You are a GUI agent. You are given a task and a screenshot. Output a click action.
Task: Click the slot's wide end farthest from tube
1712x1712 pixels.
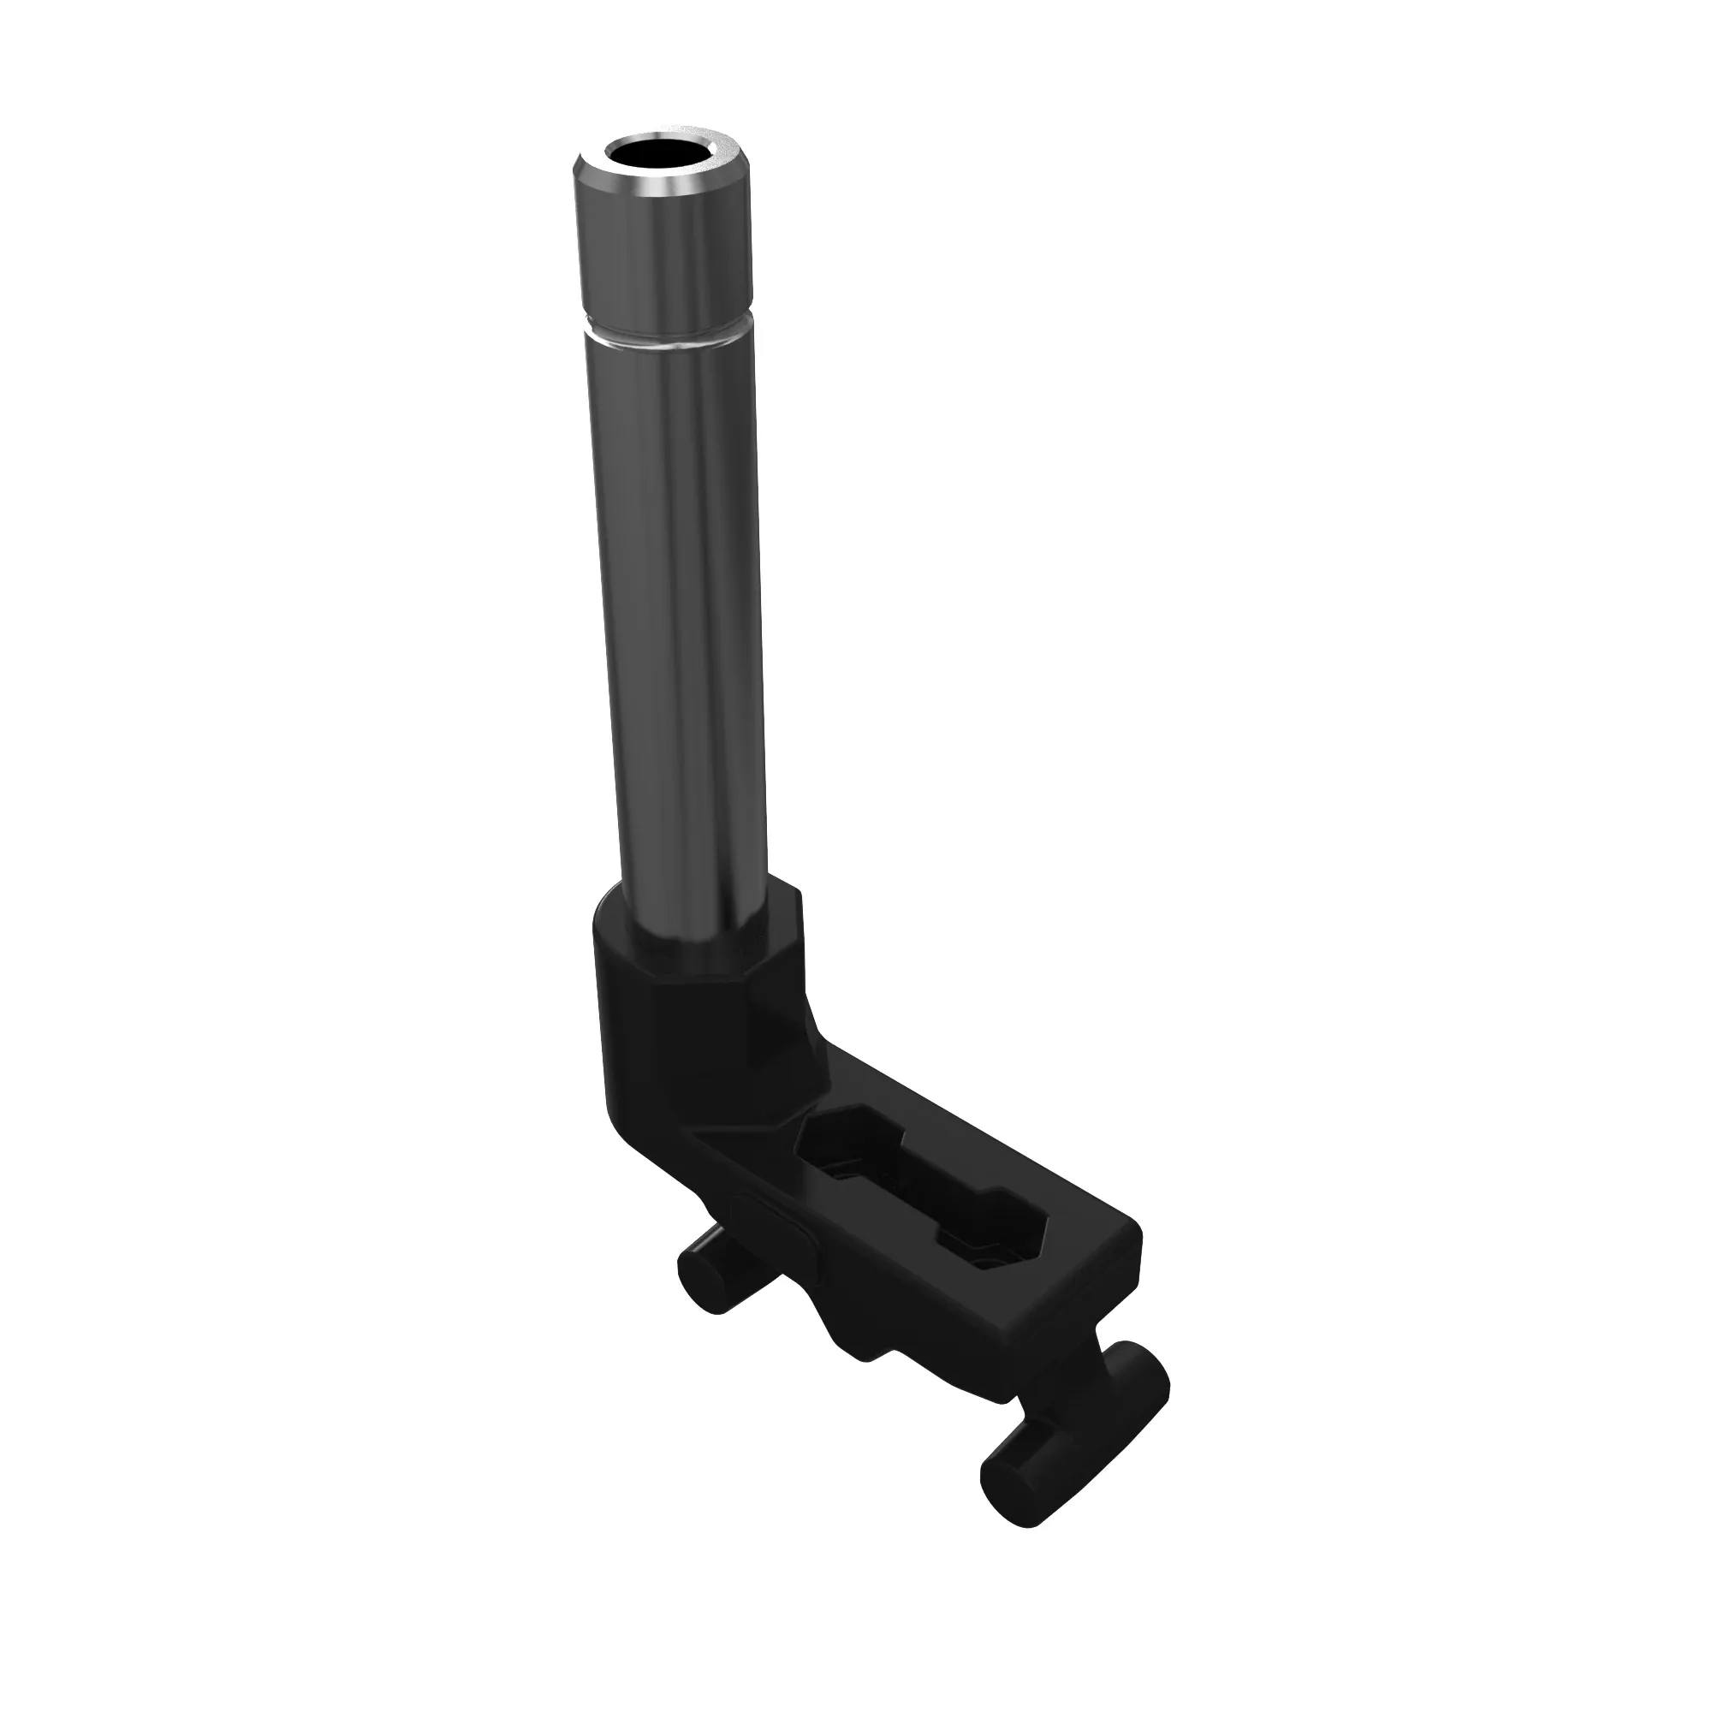pos(1002,1240)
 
